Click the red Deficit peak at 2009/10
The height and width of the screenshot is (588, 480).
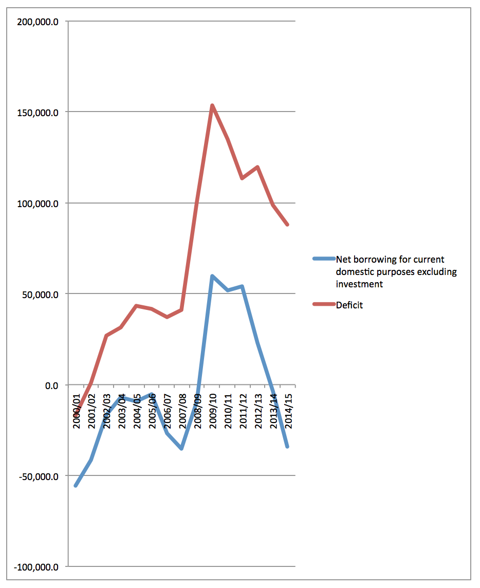pyautogui.click(x=211, y=105)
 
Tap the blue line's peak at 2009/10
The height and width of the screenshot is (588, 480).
pyautogui.click(x=211, y=276)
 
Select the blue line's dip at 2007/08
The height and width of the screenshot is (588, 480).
pyautogui.click(x=181, y=449)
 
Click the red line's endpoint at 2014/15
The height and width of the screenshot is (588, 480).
pyautogui.click(x=288, y=225)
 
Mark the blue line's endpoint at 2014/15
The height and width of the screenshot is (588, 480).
pyautogui.click(x=288, y=447)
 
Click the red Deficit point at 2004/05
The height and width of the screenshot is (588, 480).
pyautogui.click(x=136, y=306)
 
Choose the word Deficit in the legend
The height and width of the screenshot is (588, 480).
pyautogui.click(x=349, y=305)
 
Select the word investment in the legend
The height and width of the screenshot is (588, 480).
pyautogui.click(x=359, y=284)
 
